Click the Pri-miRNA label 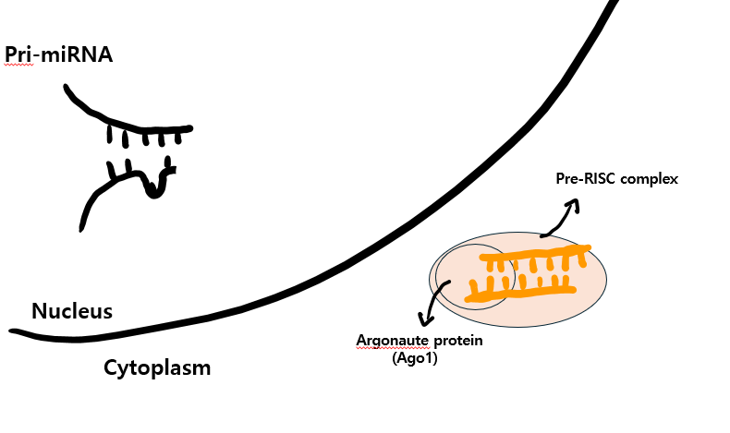click(x=58, y=55)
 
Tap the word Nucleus click(x=72, y=311)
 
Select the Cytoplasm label click(x=157, y=368)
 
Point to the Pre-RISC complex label click(x=616, y=179)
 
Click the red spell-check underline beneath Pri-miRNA click(x=18, y=66)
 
